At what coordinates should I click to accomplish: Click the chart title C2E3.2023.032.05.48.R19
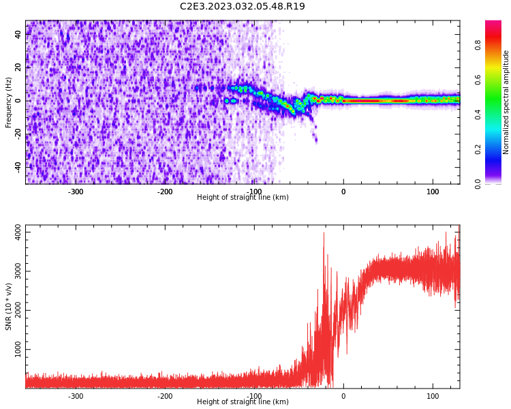pos(242,6)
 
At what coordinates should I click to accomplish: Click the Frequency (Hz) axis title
pos(8,102)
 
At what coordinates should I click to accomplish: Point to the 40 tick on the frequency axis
pos(18,34)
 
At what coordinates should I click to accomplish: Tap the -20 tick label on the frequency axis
pos(18,133)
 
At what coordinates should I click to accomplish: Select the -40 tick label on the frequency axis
pos(18,167)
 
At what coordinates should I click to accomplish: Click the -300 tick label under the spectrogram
pos(75,192)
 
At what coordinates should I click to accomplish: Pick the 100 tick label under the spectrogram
pos(433,192)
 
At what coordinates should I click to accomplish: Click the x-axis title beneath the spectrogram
pos(243,197)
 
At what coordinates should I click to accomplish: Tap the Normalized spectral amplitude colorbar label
pos(506,102)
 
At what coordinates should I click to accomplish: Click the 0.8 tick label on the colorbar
pos(478,45)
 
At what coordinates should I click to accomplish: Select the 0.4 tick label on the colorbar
pos(478,115)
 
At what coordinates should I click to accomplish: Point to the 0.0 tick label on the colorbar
pos(478,184)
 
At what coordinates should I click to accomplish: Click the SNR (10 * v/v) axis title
pos(8,307)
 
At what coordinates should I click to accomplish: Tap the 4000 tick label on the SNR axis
pos(18,232)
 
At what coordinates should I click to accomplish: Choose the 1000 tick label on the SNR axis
pos(18,349)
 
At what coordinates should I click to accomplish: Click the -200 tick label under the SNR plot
pos(165,396)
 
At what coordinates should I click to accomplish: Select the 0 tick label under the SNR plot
pos(343,396)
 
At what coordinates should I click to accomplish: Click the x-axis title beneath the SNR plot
pos(243,402)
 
